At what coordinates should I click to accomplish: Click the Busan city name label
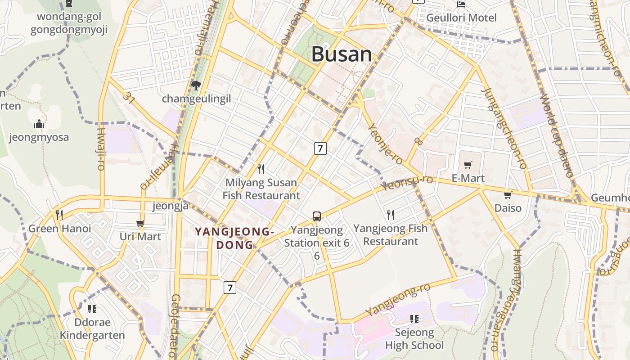(342, 54)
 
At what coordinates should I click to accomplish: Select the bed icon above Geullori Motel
(461, 4)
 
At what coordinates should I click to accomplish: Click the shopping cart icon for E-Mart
(468, 165)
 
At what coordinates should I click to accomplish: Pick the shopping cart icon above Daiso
(508, 195)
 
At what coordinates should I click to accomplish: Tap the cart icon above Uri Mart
(140, 223)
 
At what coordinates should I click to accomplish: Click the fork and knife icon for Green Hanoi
(59, 215)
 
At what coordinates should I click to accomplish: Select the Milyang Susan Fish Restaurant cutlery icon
(261, 169)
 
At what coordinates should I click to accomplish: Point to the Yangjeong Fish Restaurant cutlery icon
(391, 215)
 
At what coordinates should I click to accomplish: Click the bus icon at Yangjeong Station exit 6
(317, 216)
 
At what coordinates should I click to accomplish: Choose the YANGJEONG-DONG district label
(234, 238)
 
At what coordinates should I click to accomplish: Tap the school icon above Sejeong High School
(414, 319)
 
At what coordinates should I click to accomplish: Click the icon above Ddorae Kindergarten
(92, 309)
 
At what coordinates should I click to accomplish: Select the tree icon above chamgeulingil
(196, 85)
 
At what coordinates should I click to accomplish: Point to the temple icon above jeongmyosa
(39, 124)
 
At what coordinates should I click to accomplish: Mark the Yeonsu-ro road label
(407, 182)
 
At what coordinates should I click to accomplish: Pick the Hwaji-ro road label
(101, 148)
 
